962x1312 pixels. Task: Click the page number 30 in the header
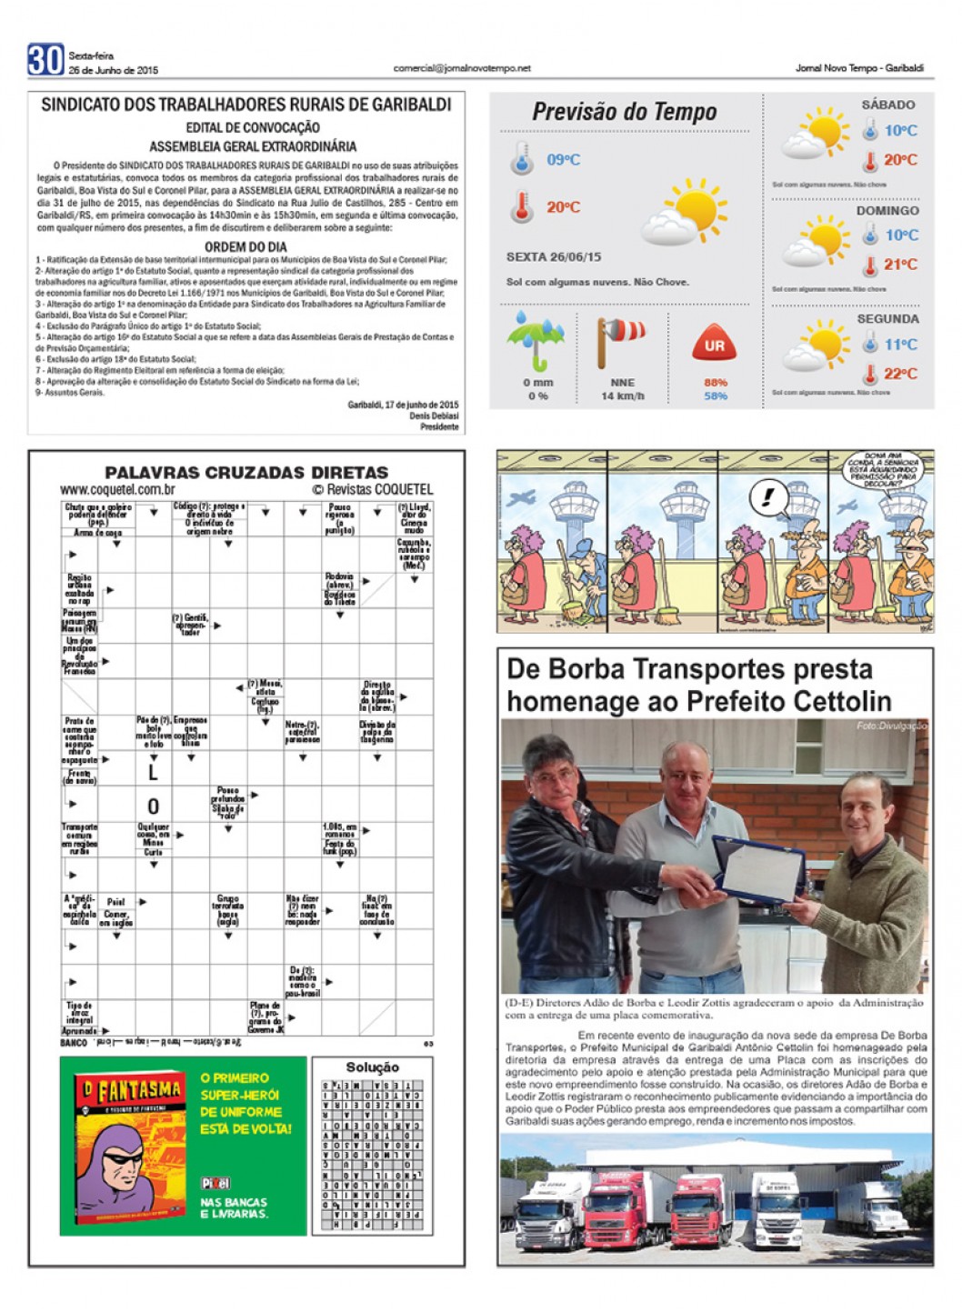coord(45,60)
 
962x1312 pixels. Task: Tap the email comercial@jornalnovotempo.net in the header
coord(461,68)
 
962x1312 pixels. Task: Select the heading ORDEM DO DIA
coord(246,246)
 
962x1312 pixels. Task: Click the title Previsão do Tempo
coord(624,112)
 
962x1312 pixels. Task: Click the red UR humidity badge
coord(715,345)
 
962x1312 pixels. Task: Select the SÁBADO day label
coord(887,105)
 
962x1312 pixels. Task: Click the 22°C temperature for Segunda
coord(900,374)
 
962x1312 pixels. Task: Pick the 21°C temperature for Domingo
coord(900,265)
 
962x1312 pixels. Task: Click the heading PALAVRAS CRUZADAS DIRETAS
coord(246,473)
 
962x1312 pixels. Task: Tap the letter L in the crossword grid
coord(153,772)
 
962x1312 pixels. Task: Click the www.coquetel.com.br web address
coord(117,489)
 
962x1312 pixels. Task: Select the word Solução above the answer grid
coord(372,1067)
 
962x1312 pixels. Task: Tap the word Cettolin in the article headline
coord(837,701)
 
